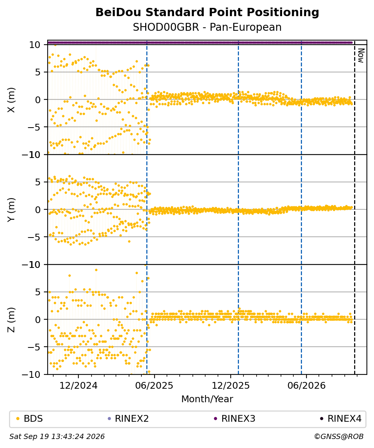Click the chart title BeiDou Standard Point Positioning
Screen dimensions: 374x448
point(207,13)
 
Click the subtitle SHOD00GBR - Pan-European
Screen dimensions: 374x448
point(207,27)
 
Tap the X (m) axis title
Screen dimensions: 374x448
point(11,100)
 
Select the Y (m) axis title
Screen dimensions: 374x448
point(11,210)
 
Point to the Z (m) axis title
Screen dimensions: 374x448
point(11,320)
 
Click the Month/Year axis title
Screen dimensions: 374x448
point(207,399)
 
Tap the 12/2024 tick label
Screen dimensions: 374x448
point(78,386)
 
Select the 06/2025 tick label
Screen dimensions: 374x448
point(154,386)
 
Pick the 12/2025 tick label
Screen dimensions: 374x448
point(231,386)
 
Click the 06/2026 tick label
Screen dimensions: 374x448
point(306,386)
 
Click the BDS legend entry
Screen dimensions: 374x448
point(29,419)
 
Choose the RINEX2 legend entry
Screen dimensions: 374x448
point(128,419)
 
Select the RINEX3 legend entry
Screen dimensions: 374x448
point(234,419)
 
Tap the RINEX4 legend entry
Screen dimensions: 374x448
point(341,419)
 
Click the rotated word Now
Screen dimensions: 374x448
point(361,56)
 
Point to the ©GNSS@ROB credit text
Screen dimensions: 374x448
point(339,436)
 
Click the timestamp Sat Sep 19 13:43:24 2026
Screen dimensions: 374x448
point(57,436)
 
